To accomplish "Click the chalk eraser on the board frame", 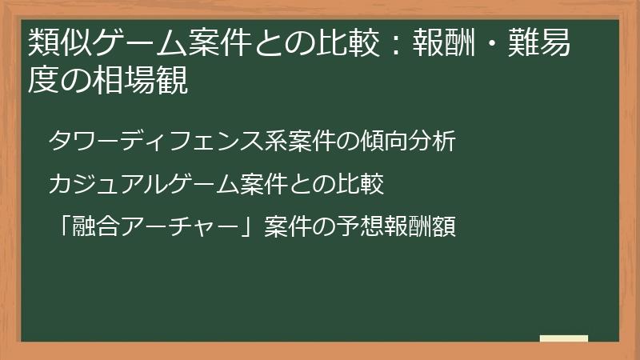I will click(x=564, y=339).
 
